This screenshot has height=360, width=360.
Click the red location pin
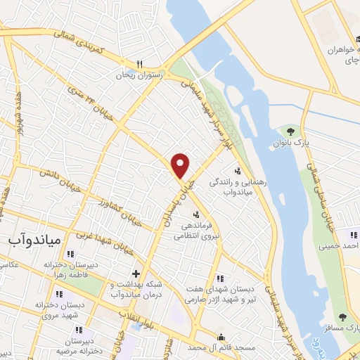pos(181,165)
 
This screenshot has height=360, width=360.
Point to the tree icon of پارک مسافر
pos(342,317)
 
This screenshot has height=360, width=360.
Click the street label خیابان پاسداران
pos(180,200)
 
